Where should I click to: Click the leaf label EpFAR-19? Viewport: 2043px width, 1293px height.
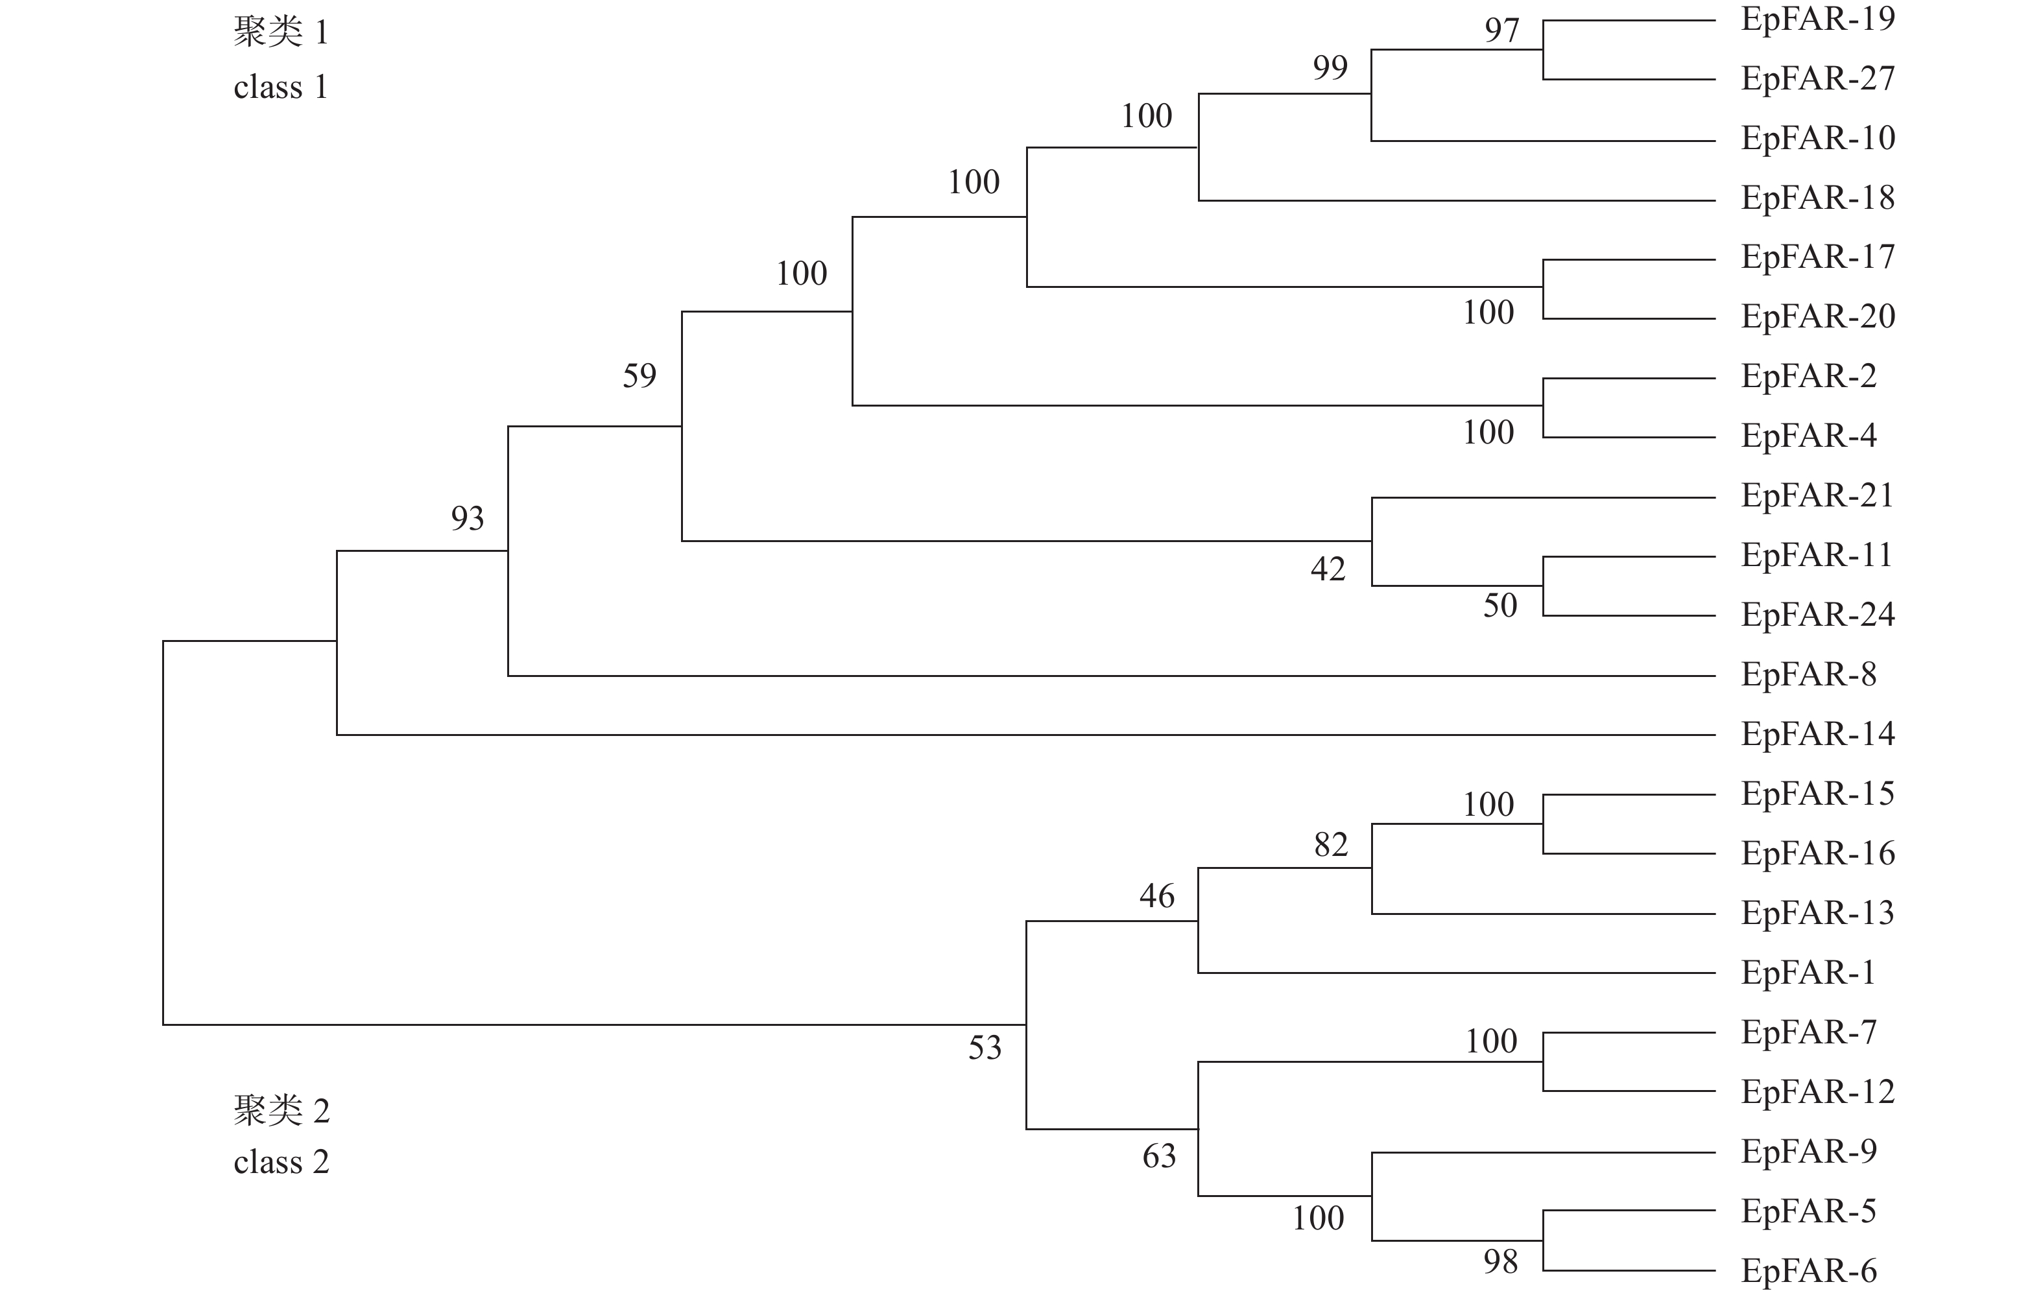[1817, 19]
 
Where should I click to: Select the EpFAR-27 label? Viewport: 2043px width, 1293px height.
[1817, 79]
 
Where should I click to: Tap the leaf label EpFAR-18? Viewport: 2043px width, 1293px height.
[1817, 198]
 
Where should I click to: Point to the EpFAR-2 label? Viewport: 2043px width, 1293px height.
[1808, 377]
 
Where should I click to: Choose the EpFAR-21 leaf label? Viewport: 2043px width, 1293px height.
[1817, 496]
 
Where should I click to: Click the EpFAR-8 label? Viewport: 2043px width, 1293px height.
[1808, 675]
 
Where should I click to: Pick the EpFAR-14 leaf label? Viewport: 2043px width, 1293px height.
[1817, 735]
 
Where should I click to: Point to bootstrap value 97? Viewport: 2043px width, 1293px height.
[1501, 30]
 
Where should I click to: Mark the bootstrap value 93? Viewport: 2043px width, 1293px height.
[468, 518]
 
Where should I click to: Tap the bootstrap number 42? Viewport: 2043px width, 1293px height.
[1328, 569]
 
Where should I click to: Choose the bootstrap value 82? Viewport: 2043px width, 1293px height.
[1330, 845]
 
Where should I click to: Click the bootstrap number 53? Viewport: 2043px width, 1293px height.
[985, 1049]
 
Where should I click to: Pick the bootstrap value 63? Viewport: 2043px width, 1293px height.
[1159, 1156]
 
